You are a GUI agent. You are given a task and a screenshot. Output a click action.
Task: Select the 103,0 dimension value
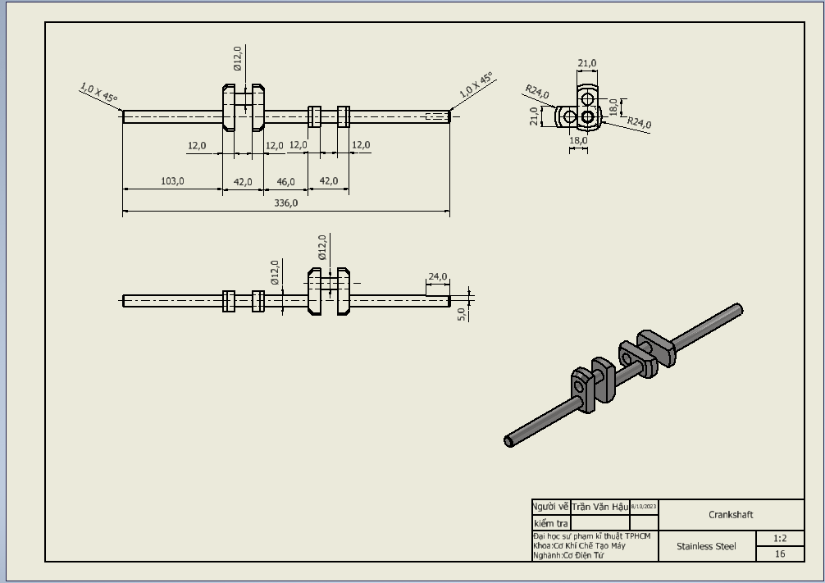click(172, 181)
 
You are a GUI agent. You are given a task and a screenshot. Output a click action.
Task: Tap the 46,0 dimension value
click(285, 181)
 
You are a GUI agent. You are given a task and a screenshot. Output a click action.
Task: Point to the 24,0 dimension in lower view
click(437, 277)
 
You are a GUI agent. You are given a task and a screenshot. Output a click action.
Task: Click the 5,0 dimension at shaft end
click(462, 313)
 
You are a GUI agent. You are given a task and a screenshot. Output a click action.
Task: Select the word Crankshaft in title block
click(731, 515)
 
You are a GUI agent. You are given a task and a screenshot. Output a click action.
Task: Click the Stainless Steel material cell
click(706, 546)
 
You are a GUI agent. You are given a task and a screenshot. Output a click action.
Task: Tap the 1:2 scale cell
click(780, 539)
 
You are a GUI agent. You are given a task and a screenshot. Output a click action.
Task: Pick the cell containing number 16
click(780, 554)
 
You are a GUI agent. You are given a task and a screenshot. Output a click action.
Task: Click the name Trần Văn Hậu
click(599, 507)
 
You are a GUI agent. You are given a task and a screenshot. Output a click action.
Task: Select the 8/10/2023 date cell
click(644, 507)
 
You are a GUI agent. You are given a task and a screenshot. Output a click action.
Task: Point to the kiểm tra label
click(550, 523)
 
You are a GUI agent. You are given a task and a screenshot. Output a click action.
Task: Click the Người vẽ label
click(550, 507)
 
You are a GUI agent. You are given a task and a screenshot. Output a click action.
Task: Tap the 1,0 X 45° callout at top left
click(98, 92)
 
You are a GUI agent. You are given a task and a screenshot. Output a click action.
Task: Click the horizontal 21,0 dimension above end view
click(587, 63)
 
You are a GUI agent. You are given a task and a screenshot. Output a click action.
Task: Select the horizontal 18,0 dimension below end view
click(578, 140)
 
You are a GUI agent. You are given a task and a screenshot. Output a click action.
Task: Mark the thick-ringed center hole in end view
click(587, 117)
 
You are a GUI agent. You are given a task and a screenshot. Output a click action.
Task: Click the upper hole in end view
click(587, 98)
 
